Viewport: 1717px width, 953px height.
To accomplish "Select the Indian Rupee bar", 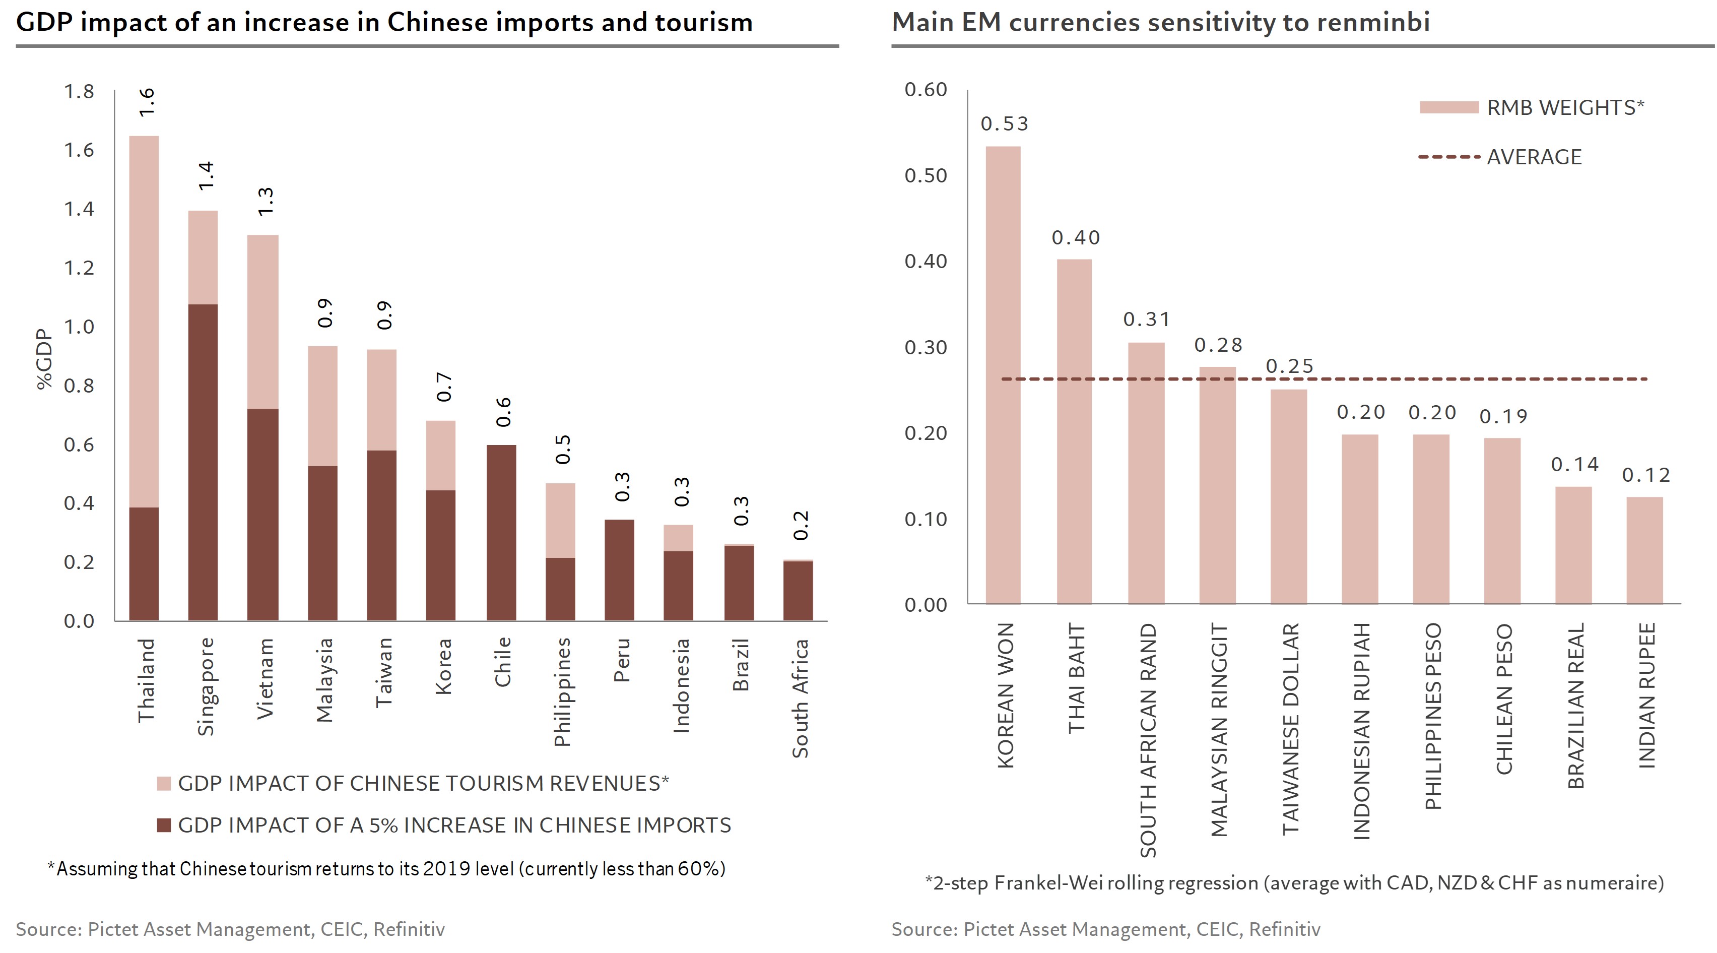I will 1644,550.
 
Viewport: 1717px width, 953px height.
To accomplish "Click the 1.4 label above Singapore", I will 206,175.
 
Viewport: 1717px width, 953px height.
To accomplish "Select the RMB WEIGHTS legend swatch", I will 1449,107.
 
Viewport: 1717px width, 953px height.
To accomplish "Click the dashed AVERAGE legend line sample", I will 1449,157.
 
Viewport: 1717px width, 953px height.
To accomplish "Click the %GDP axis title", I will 44,359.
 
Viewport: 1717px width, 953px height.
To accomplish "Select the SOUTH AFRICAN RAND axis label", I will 1147,740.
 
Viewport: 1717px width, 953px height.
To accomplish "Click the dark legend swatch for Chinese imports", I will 164,825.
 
